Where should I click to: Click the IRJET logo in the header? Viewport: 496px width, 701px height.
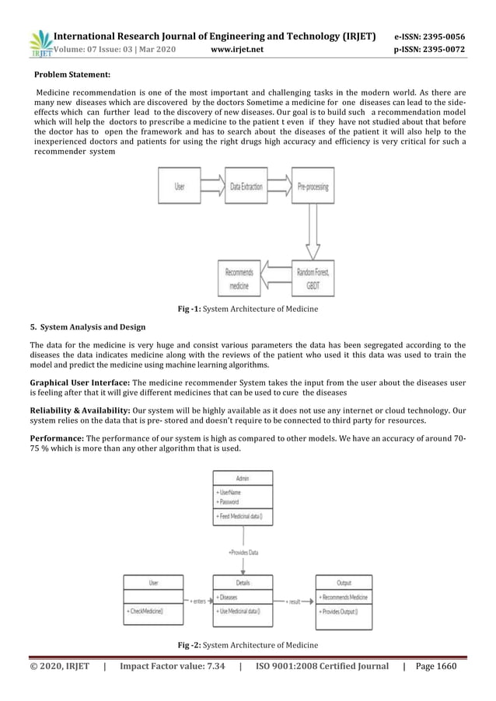(40, 44)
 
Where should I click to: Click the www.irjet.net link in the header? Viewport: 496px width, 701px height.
(237, 51)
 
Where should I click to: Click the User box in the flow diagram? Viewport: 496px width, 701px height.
(180, 187)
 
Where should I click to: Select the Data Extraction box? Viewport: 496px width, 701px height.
(246, 187)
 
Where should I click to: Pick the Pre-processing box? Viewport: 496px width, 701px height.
(313, 187)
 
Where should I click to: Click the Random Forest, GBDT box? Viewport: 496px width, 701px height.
(313, 278)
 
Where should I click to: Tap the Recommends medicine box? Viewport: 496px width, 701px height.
(239, 278)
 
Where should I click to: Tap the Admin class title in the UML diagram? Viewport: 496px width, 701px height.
(243, 478)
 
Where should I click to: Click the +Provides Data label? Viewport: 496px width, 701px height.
(243, 553)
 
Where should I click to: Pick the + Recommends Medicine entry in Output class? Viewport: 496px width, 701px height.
(344, 598)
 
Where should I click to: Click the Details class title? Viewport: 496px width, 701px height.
(243, 582)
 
